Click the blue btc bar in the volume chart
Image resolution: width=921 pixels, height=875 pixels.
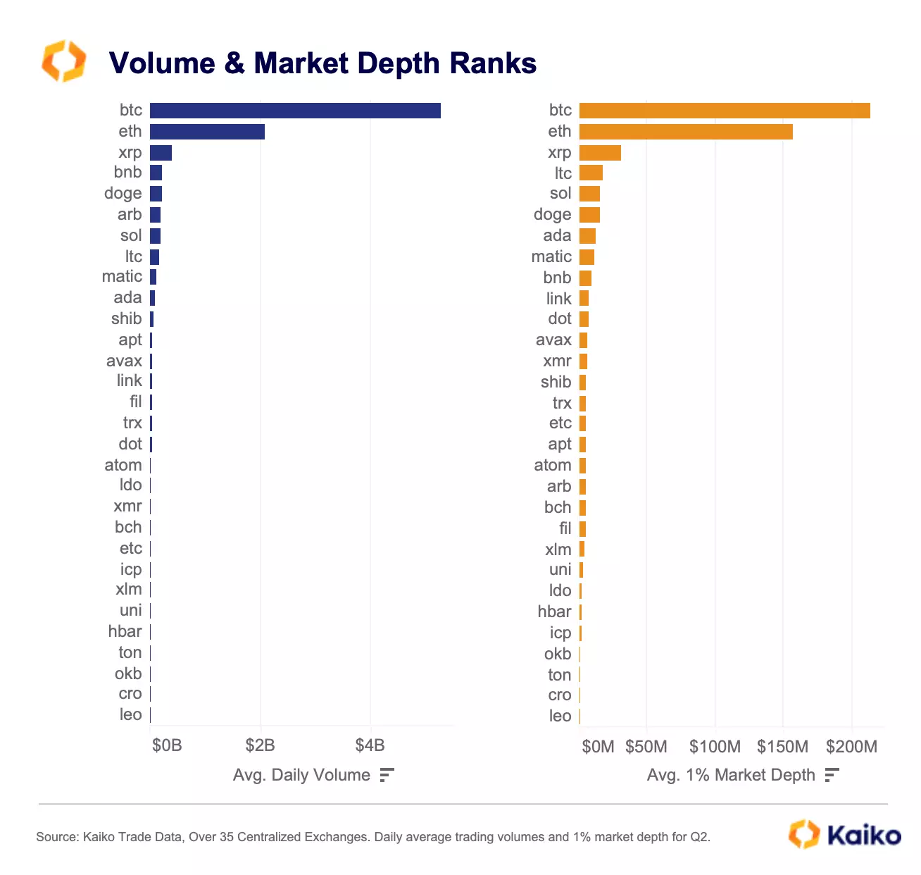tap(295, 111)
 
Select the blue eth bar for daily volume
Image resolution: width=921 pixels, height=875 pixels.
tap(207, 132)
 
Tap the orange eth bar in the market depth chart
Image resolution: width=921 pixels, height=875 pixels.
tap(686, 132)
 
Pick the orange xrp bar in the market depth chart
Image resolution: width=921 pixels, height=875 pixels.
tap(600, 153)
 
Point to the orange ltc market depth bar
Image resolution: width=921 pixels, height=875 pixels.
tap(591, 173)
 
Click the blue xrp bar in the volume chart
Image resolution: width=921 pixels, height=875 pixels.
tap(161, 153)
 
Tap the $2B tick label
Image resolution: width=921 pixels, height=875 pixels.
tap(260, 745)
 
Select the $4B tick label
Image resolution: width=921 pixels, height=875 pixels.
tap(370, 745)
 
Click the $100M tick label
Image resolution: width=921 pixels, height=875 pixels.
tap(715, 747)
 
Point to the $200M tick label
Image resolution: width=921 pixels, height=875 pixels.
tap(851, 747)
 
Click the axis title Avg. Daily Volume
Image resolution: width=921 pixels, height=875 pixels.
tap(301, 775)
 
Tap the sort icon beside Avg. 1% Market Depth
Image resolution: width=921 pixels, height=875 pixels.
tap(832, 775)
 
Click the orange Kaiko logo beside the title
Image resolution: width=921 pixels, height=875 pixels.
tap(63, 61)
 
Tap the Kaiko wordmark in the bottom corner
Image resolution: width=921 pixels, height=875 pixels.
tap(863, 836)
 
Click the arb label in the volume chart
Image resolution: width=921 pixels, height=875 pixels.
tap(130, 214)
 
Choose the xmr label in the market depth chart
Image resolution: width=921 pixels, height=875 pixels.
tap(557, 361)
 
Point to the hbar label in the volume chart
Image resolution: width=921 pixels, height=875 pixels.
tap(125, 631)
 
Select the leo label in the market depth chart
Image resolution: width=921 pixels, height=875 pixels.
tap(560, 716)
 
